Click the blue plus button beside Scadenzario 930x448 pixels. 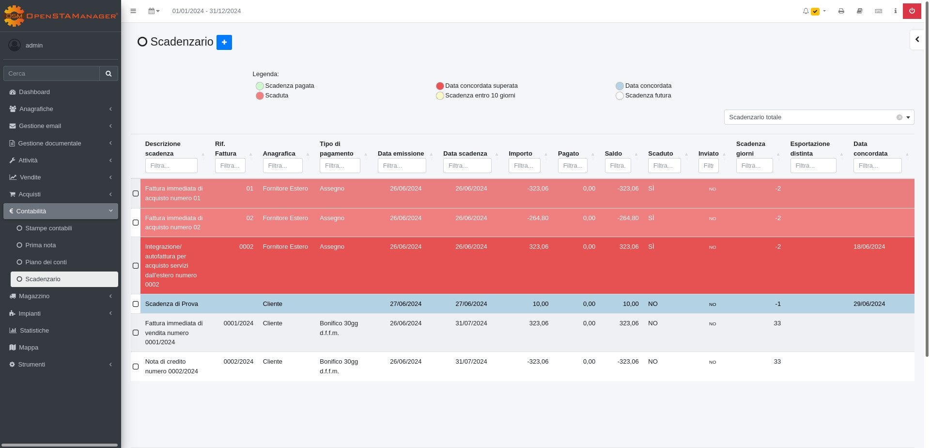point(224,42)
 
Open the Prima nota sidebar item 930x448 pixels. point(40,245)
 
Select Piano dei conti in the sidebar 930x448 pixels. point(46,262)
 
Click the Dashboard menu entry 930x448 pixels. point(34,92)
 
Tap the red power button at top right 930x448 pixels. point(912,11)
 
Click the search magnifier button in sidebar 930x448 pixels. point(108,74)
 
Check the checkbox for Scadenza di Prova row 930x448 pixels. point(136,304)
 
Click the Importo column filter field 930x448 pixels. point(524,166)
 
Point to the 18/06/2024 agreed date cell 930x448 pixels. point(869,247)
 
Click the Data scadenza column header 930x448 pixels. point(465,154)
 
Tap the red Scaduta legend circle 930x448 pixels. point(260,96)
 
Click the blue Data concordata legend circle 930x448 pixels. point(620,86)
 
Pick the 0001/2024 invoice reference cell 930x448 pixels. point(238,323)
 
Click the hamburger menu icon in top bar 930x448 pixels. point(133,11)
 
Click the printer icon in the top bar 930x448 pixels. point(841,11)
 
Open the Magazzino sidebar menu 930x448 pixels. point(34,296)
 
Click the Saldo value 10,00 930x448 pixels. point(630,304)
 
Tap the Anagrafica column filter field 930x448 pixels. point(282,166)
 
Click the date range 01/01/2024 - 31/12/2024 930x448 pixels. point(206,11)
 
